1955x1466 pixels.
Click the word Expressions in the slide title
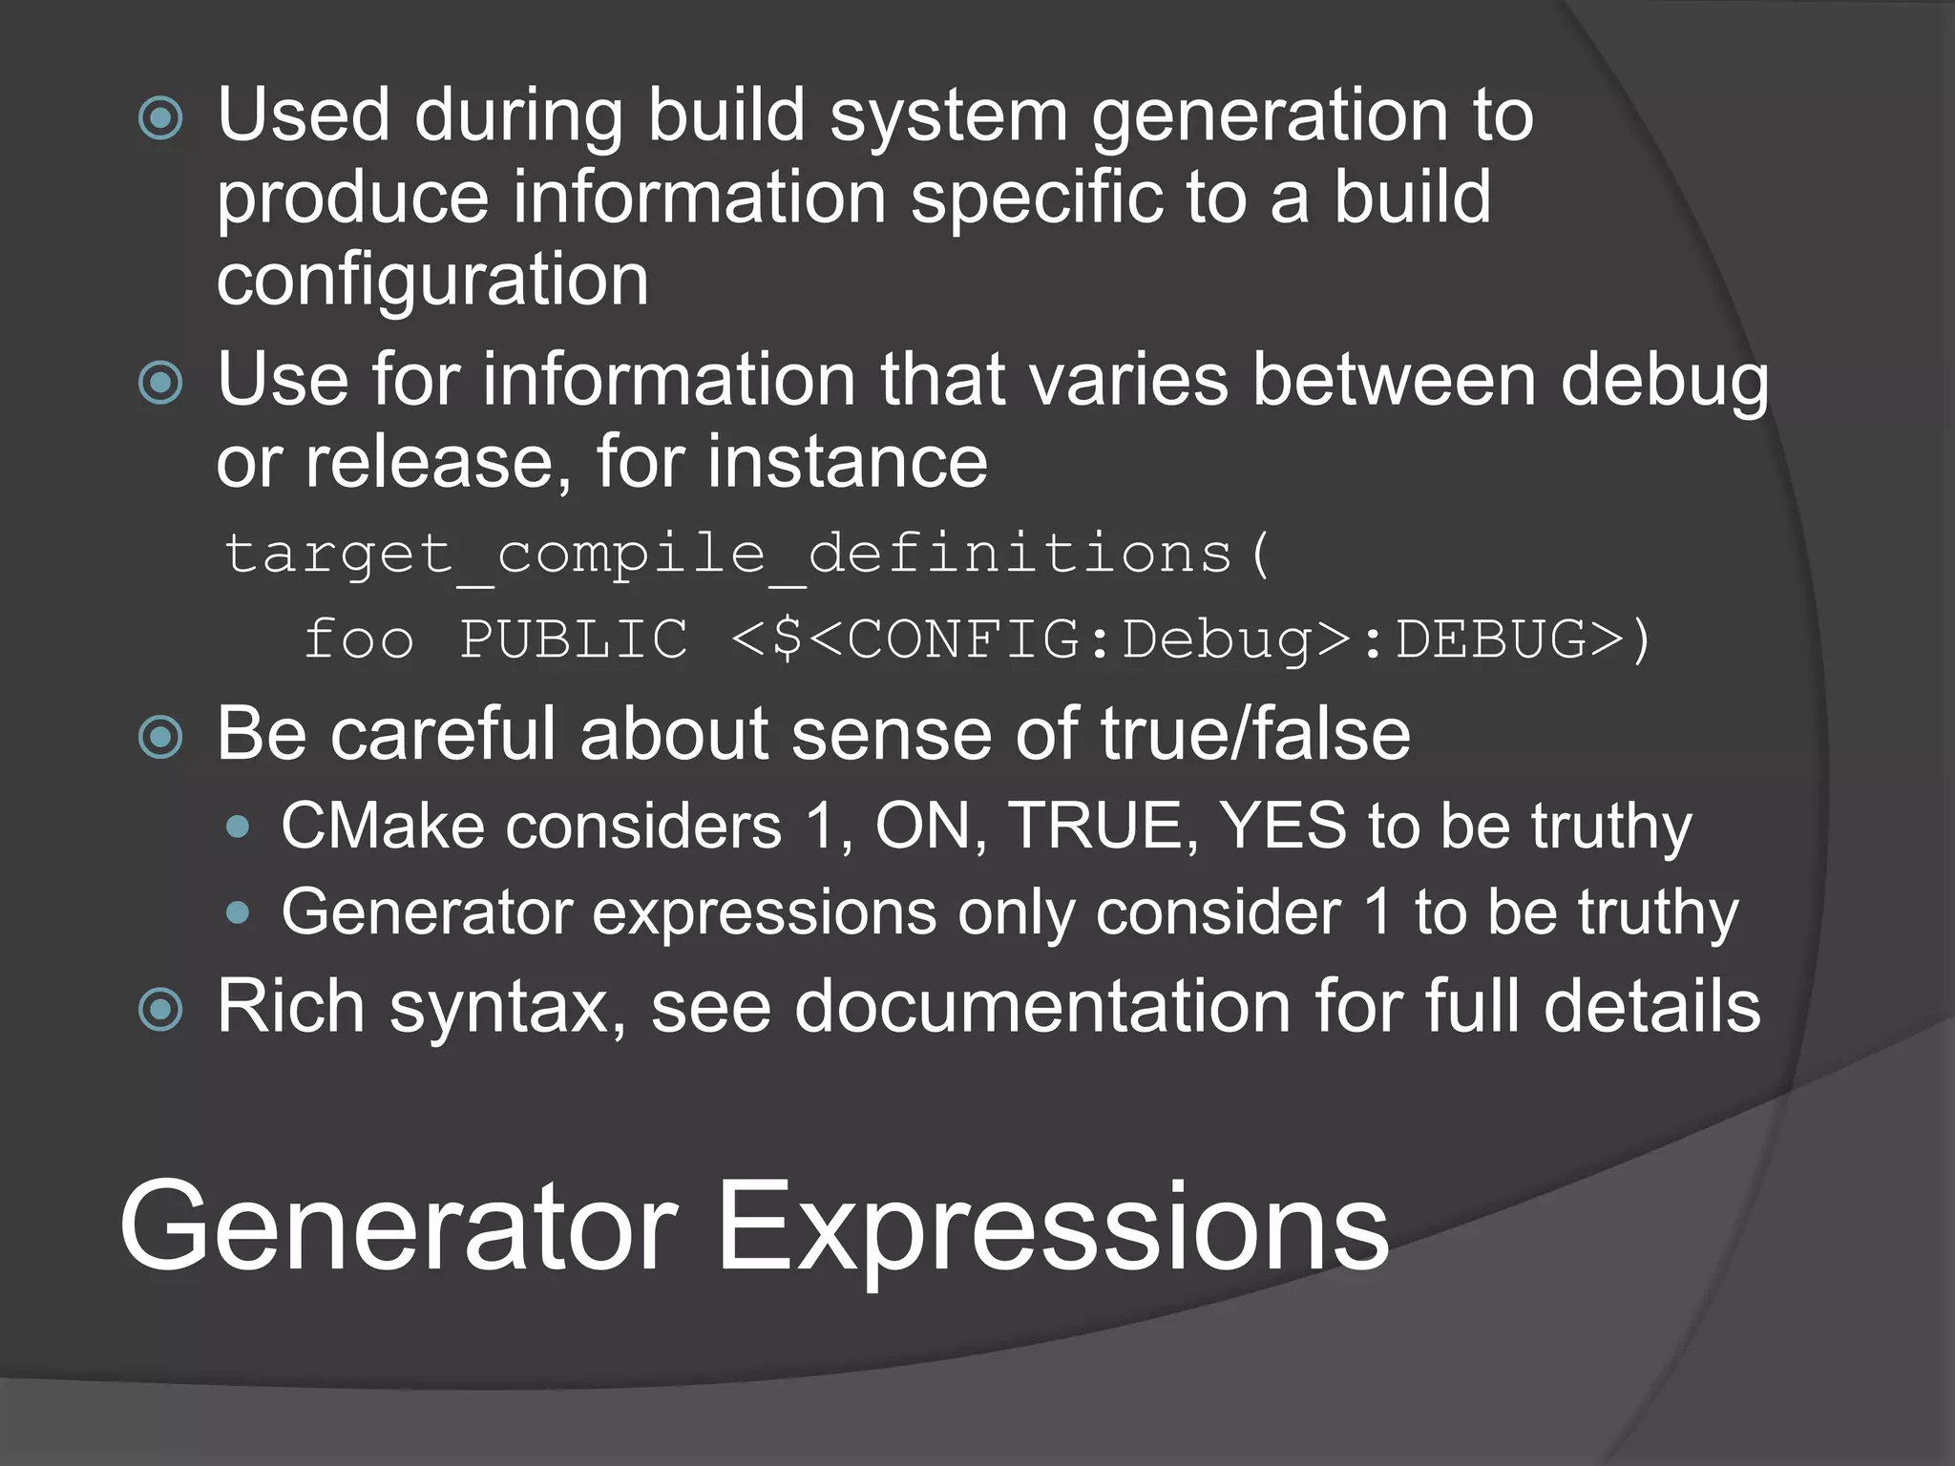click(1052, 1231)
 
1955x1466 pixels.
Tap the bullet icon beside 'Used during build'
click(160, 119)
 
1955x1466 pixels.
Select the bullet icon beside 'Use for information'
click(160, 384)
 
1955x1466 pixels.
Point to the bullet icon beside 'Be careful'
click(160, 737)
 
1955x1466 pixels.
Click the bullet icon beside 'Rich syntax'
click(160, 1010)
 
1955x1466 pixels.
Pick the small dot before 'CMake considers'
click(239, 827)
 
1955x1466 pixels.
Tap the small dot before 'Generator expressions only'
click(239, 913)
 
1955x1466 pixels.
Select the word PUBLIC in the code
click(574, 639)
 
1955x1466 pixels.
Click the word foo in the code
click(359, 639)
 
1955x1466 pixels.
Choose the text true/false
click(1255, 735)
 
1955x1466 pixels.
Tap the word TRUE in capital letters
click(1104, 826)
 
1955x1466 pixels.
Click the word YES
click(1284, 826)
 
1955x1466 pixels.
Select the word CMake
click(383, 826)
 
